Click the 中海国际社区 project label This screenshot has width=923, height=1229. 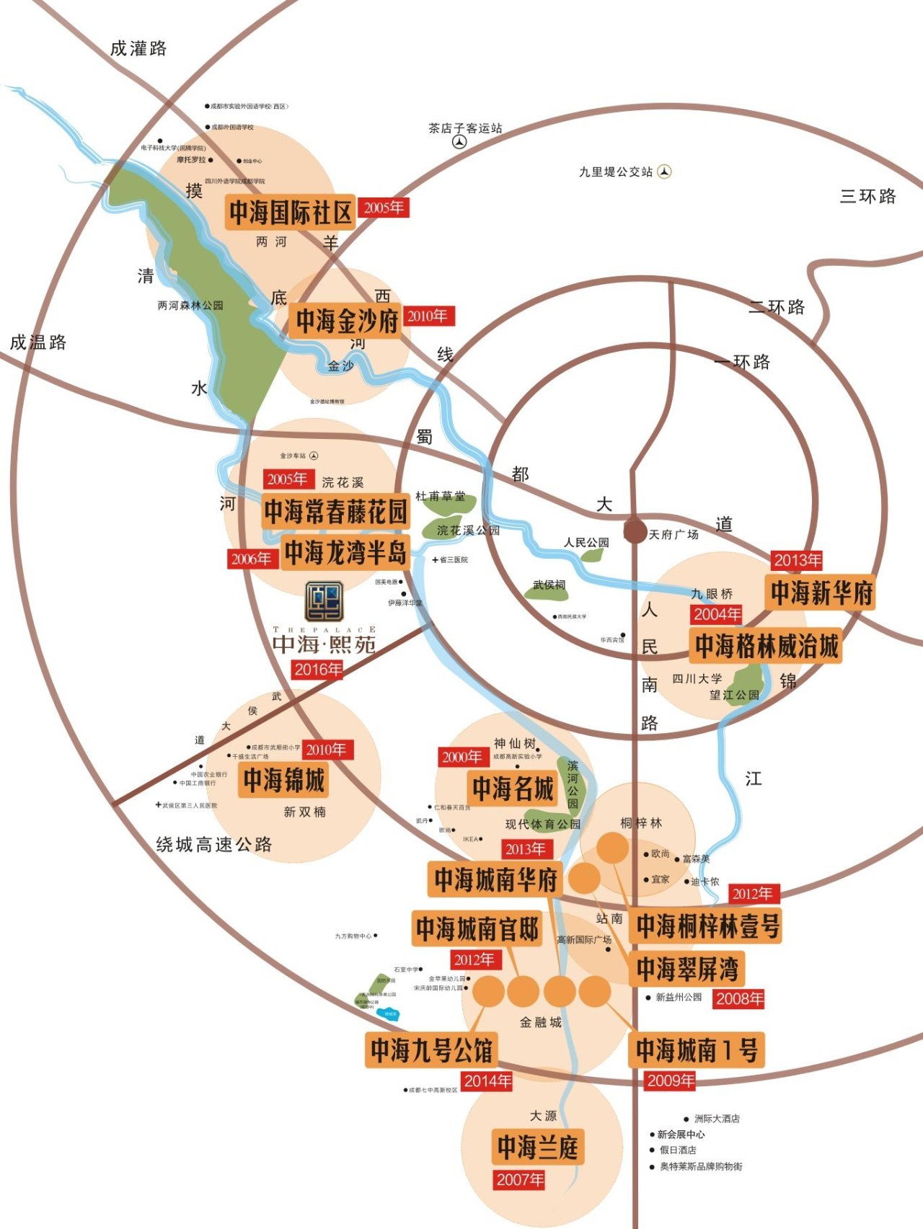click(x=291, y=213)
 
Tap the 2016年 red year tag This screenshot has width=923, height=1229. click(x=317, y=670)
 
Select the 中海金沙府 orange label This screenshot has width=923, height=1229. click(x=347, y=321)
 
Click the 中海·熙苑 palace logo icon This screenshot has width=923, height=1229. click(x=324, y=601)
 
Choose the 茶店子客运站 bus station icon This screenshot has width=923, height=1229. click(x=459, y=142)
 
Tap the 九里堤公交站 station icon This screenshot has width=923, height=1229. click(x=664, y=172)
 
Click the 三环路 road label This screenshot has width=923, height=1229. click(x=867, y=196)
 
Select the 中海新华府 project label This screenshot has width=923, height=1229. click(x=821, y=593)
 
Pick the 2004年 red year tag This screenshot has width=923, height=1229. click(x=717, y=614)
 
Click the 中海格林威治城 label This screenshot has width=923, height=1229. click(x=767, y=646)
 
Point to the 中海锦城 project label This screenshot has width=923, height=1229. click(x=284, y=779)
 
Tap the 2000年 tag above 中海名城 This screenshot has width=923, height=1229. click(x=461, y=757)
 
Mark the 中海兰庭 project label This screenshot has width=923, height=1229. click(x=537, y=1147)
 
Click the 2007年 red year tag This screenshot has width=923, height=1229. click(x=519, y=1180)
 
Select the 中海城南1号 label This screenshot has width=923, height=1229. click(x=697, y=1050)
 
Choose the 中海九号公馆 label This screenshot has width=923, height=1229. click(x=431, y=1050)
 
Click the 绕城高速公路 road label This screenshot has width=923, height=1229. click(x=214, y=844)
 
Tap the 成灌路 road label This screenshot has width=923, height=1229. click(x=138, y=48)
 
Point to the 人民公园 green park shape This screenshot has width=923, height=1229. click(x=591, y=555)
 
